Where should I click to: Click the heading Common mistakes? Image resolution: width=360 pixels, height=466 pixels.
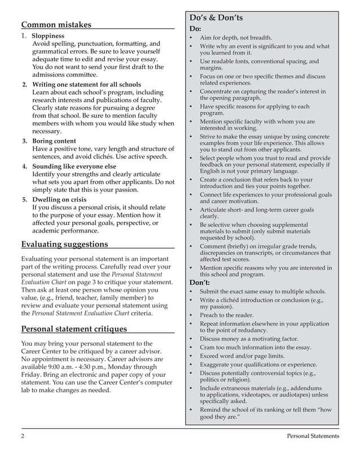click(x=56, y=25)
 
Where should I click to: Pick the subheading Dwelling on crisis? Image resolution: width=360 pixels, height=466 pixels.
click(x=59, y=199)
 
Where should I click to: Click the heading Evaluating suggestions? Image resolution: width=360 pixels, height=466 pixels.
click(x=64, y=244)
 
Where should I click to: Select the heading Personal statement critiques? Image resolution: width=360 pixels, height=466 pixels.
click(x=73, y=329)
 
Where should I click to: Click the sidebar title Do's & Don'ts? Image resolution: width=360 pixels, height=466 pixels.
click(x=217, y=18)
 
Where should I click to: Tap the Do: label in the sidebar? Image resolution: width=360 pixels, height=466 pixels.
click(x=195, y=28)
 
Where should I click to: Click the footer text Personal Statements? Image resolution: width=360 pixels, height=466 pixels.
click(x=313, y=436)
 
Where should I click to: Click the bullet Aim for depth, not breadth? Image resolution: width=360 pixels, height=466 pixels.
click(x=235, y=37)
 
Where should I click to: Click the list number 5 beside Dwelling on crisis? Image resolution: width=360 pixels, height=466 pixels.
click(x=24, y=199)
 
